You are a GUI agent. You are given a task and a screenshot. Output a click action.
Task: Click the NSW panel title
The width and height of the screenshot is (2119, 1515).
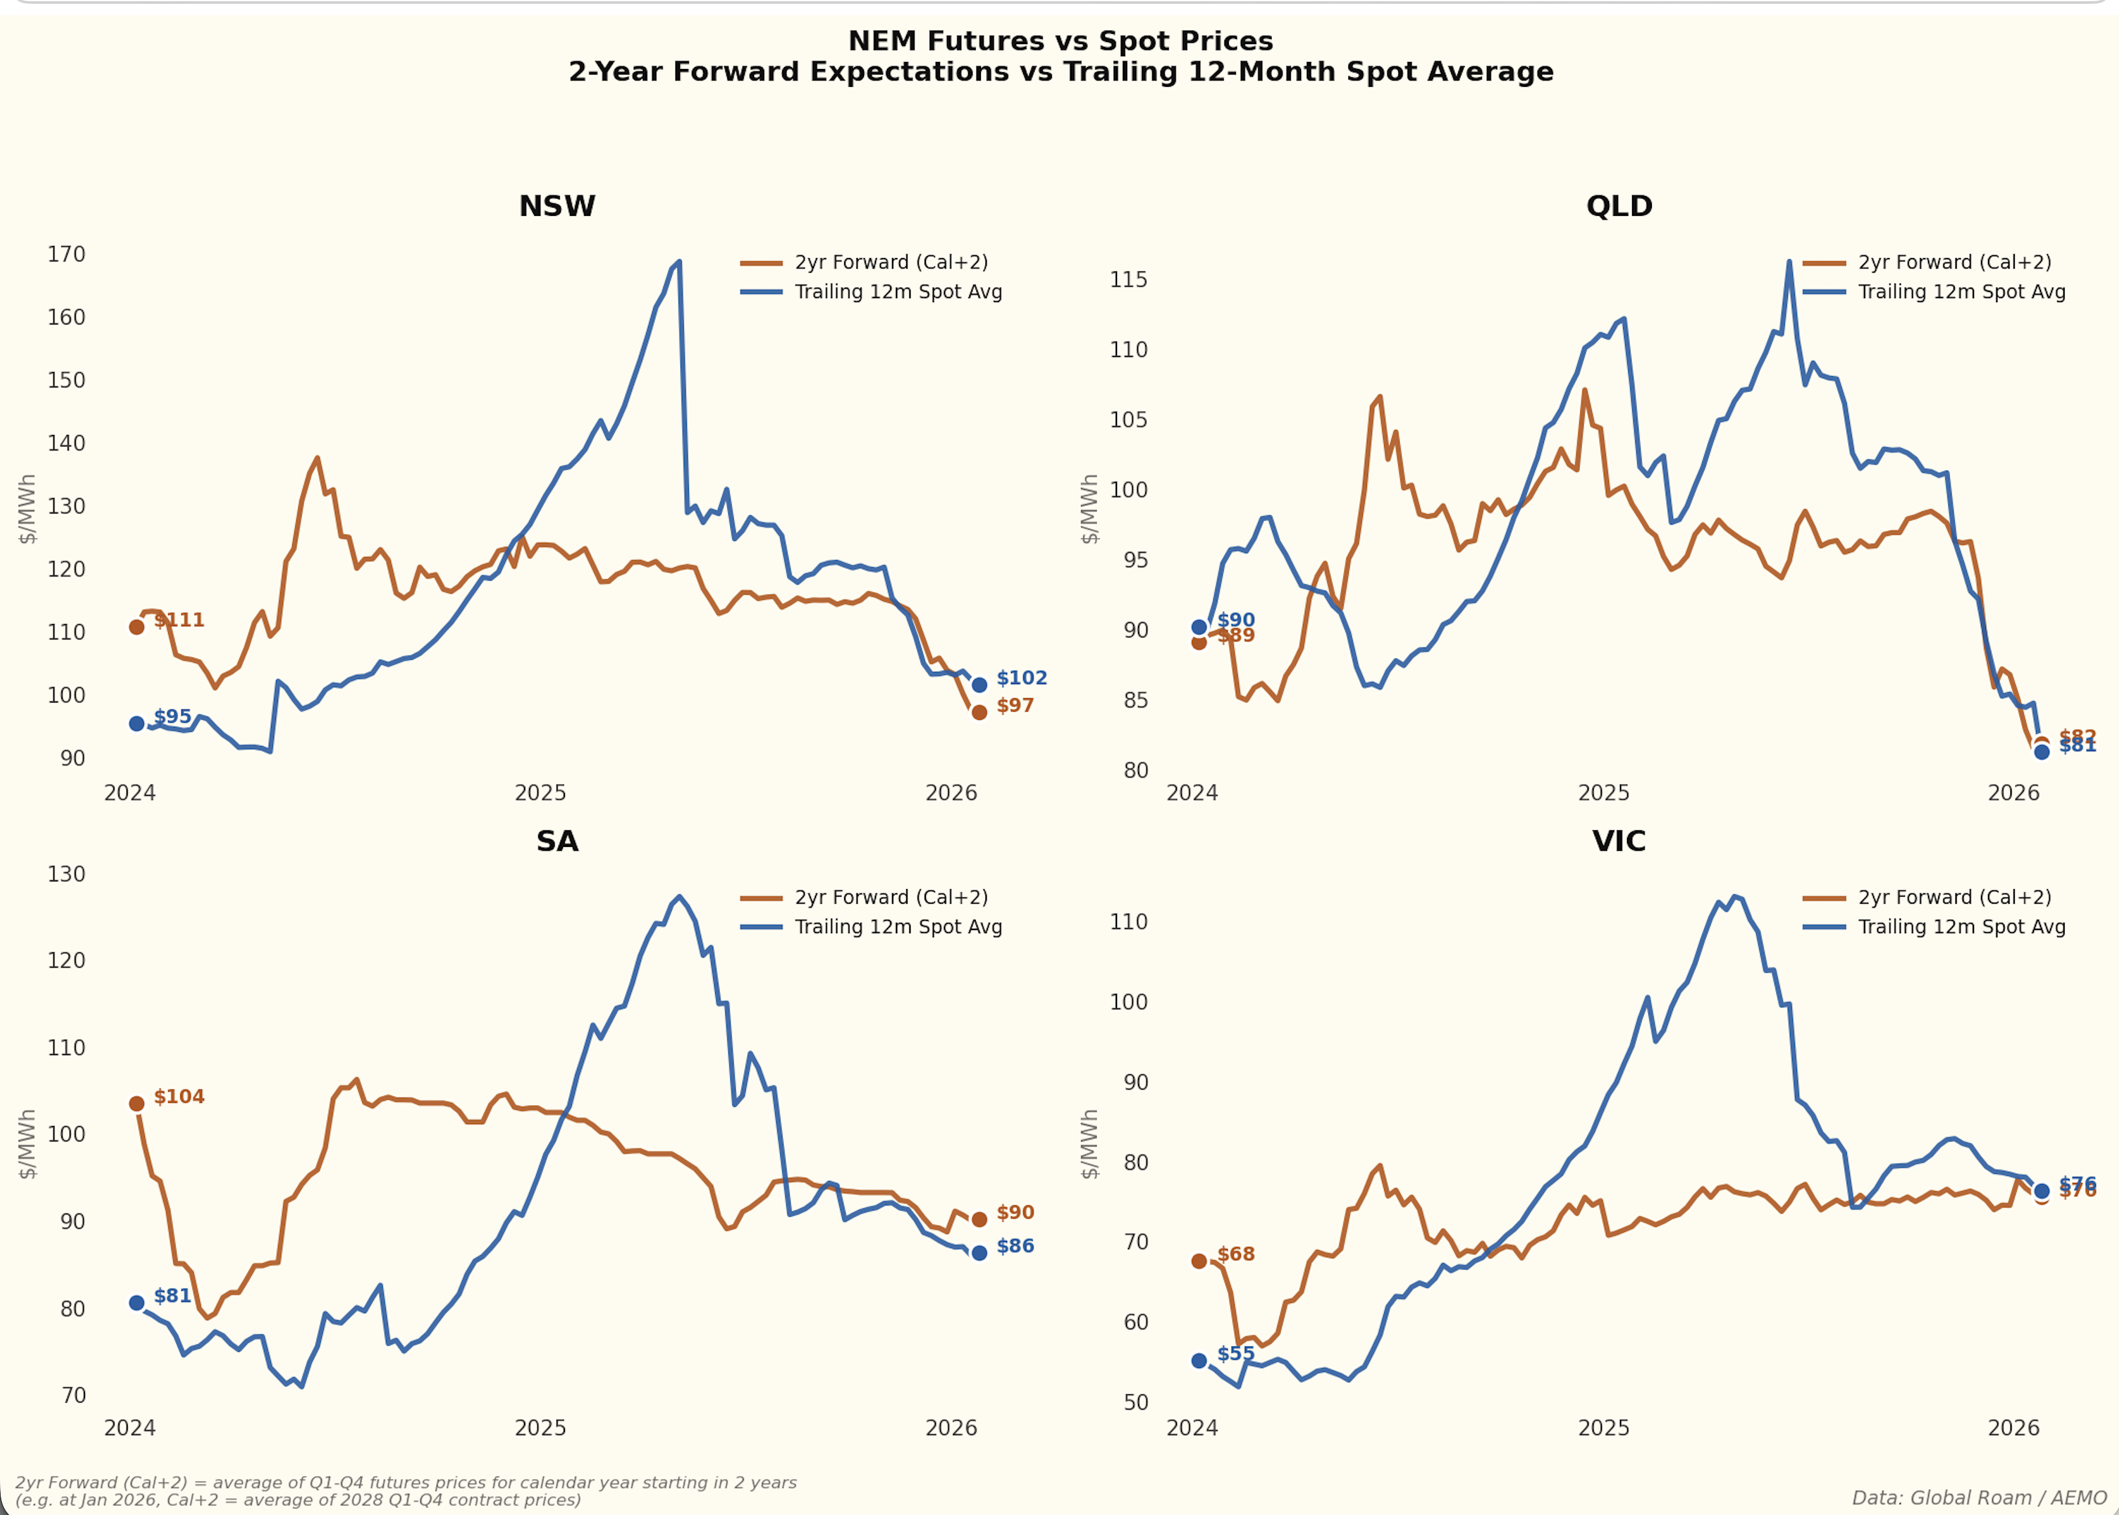tap(557, 206)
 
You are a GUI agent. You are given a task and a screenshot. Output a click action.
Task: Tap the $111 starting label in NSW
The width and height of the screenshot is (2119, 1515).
tap(179, 620)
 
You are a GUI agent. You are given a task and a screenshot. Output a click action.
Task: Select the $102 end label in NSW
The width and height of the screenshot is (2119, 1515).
tap(1022, 678)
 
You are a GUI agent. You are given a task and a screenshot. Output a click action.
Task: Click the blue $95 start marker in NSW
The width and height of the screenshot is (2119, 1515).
tap(136, 724)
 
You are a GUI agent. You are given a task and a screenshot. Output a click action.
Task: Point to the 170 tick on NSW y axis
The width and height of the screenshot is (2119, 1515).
tap(66, 255)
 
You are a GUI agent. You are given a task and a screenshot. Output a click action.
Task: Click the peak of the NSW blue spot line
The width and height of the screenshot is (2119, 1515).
tap(679, 262)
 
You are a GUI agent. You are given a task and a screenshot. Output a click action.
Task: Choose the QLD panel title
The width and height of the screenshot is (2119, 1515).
tap(1619, 206)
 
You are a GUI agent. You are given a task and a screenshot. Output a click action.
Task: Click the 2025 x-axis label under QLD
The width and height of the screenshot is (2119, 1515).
tap(1603, 794)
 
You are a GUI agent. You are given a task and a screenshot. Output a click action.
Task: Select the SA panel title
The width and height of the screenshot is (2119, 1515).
tap(557, 841)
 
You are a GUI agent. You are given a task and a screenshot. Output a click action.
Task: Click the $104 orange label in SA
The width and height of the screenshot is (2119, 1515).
tap(179, 1097)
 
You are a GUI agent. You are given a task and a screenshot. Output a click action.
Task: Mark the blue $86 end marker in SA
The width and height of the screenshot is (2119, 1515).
tap(979, 1254)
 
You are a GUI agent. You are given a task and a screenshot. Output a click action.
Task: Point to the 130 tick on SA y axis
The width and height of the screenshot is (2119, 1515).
tap(66, 875)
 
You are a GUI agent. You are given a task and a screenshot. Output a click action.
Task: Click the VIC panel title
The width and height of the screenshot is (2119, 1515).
tap(1619, 841)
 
